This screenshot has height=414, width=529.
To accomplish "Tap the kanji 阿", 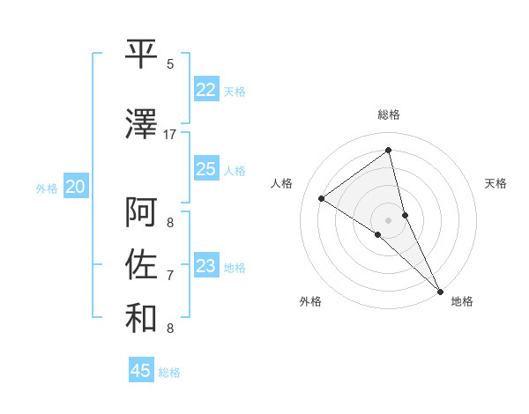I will click(x=141, y=212).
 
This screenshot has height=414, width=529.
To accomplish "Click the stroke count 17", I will click(x=170, y=135).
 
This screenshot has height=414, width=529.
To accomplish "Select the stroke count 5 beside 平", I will click(x=170, y=64).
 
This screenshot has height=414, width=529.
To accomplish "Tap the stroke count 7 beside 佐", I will click(x=170, y=276).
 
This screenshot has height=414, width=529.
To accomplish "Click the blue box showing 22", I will click(x=205, y=90).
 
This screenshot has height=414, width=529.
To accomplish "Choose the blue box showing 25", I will click(x=205, y=169).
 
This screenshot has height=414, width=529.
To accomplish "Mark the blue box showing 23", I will click(x=205, y=266).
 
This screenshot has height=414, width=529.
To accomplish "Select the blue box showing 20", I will click(x=76, y=187).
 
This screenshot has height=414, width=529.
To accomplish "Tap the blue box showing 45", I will click(x=141, y=371).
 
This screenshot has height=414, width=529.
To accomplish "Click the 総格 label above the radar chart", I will click(x=388, y=115).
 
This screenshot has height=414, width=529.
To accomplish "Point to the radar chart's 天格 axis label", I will click(x=495, y=183).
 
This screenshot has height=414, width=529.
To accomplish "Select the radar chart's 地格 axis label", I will click(x=462, y=301).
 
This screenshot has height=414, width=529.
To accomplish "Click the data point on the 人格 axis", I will click(x=322, y=198).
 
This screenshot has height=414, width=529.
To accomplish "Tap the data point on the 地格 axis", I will click(x=440, y=291).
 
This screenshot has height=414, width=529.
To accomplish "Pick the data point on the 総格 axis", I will click(x=388, y=150).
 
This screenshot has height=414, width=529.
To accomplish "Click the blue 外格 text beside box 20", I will click(x=47, y=188).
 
